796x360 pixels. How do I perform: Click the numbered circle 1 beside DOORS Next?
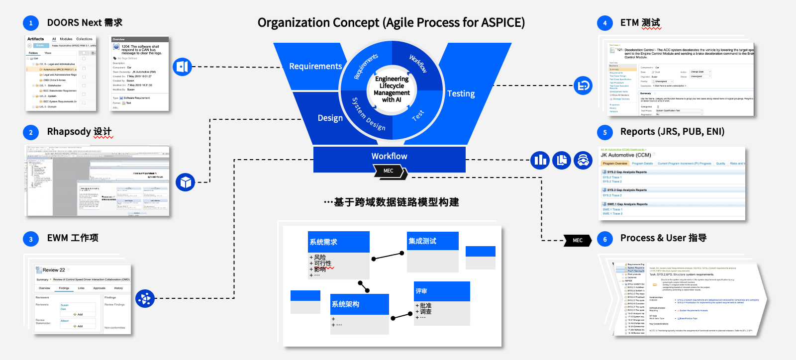pos(31,23)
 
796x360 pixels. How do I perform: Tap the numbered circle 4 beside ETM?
pos(605,23)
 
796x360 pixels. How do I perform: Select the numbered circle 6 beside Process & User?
pos(605,239)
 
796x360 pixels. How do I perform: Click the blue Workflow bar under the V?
pos(389,156)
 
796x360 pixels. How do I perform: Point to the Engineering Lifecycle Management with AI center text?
pos(392,90)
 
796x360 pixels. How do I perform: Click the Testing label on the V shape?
pos(461,93)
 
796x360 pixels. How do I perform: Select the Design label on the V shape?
pos(330,118)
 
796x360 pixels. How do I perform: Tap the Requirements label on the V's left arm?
pos(315,66)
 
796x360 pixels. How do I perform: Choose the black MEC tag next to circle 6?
pos(578,240)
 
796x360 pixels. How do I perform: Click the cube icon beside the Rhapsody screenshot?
pos(186,182)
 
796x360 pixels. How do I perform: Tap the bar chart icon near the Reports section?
pos(540,160)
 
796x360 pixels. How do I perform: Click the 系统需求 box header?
pos(339,242)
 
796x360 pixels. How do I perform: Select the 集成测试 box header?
pos(432,241)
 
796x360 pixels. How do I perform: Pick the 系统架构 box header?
pos(359,304)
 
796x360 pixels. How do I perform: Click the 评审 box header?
pos(442,291)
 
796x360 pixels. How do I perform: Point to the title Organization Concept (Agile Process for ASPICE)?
pos(391,23)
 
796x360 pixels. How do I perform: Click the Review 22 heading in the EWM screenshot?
pos(53,270)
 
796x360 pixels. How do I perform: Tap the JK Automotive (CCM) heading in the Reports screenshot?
pos(625,155)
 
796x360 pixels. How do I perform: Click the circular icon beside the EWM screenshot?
pos(145,299)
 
